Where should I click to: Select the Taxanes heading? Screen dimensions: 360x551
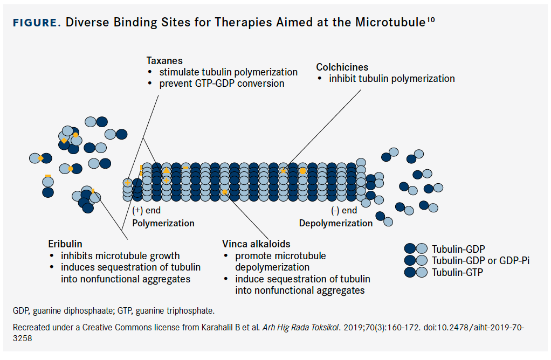coord(164,61)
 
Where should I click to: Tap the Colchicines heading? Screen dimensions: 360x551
coord(342,67)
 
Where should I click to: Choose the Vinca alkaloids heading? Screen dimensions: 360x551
coord(256,244)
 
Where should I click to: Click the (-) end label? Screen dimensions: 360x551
coord(344,211)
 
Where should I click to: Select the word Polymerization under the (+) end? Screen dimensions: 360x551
coord(163,223)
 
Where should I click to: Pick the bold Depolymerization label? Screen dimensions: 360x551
coord(336,223)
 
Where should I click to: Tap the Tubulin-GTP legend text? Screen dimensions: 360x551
coord(457,273)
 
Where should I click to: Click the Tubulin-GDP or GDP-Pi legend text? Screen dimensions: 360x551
coord(480,261)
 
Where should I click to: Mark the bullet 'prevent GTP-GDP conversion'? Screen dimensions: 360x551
coord(222,84)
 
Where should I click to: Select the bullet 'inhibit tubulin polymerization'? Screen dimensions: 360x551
coord(392,79)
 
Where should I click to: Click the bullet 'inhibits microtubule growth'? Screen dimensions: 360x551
coord(120,256)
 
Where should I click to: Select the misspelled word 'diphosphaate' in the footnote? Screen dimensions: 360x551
coord(81,311)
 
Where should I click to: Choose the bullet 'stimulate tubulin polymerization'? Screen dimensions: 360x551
coord(228,72)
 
